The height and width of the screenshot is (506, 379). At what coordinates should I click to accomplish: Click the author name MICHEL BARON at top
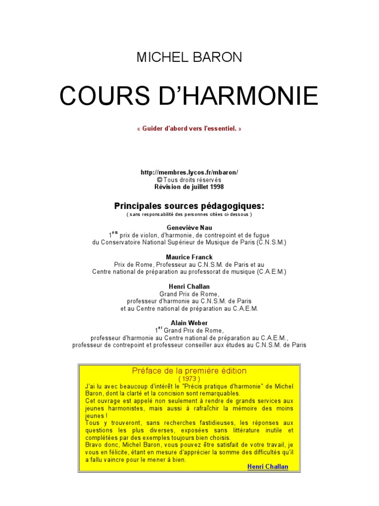[x=189, y=57]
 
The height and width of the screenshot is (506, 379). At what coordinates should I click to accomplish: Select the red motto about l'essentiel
[x=189, y=129]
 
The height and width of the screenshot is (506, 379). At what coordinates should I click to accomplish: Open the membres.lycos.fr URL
[x=189, y=172]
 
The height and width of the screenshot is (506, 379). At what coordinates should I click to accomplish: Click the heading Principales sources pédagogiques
[x=189, y=206]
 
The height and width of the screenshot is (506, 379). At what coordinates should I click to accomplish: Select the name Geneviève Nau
[x=189, y=228]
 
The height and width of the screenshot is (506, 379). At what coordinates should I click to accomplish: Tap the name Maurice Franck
[x=189, y=257]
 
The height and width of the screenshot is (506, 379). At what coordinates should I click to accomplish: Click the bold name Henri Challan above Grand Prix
[x=189, y=287]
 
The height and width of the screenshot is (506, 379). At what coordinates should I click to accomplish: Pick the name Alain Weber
[x=189, y=323]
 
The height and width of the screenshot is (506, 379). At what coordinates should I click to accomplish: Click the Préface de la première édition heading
[x=189, y=371]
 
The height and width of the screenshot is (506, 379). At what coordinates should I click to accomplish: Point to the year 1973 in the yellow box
[x=189, y=379]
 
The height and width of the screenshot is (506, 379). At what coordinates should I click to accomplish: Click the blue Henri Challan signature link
[x=267, y=467]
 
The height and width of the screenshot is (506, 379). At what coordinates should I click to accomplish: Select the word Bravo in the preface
[x=93, y=445]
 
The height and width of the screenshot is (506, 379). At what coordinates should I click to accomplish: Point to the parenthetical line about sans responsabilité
[x=189, y=214]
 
